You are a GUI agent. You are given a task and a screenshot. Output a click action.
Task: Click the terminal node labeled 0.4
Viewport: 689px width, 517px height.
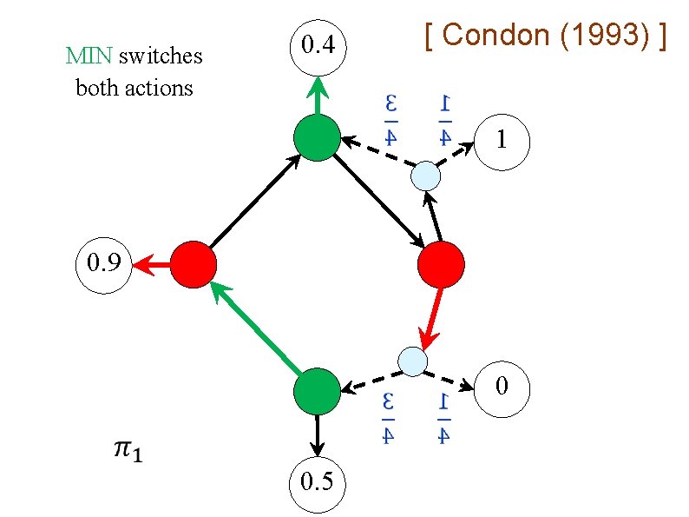(x=317, y=44)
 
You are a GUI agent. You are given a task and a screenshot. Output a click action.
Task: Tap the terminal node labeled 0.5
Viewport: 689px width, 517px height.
(x=317, y=481)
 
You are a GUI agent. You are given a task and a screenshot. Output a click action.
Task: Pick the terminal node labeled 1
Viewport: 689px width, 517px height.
(x=501, y=140)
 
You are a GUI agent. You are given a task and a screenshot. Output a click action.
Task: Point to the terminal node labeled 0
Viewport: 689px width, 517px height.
(x=502, y=385)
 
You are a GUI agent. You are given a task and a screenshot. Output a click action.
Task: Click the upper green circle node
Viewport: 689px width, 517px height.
(x=317, y=137)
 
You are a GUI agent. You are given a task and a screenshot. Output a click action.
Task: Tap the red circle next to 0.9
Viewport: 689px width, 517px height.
(x=193, y=264)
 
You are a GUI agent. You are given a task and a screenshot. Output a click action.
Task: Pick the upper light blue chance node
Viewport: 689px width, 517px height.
(x=425, y=176)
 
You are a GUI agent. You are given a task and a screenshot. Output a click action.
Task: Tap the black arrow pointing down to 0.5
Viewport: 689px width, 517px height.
(x=317, y=435)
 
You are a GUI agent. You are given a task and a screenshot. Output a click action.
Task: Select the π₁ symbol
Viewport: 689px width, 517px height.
(x=129, y=449)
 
